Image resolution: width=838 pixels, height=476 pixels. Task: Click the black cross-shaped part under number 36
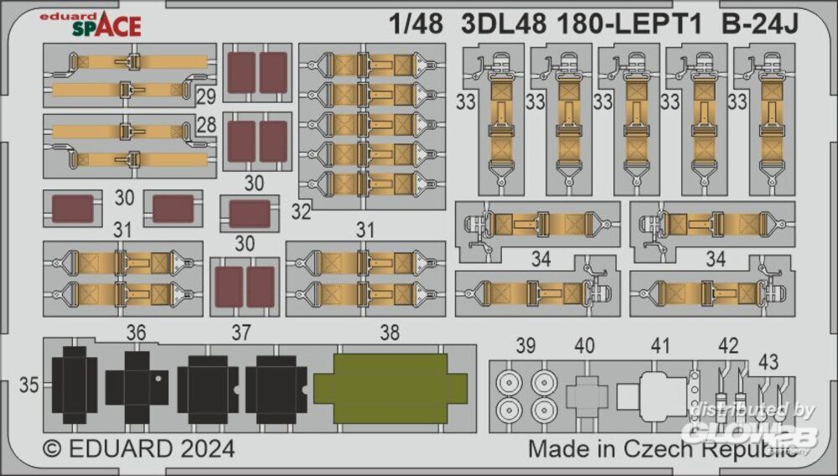pyautogui.click(x=137, y=386)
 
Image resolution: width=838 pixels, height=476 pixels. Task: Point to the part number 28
pyautogui.click(x=206, y=126)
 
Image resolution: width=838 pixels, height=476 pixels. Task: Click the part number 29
pyautogui.click(x=206, y=96)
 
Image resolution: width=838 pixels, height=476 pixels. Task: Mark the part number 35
pyautogui.click(x=29, y=385)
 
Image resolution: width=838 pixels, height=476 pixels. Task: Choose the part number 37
pyautogui.click(x=241, y=334)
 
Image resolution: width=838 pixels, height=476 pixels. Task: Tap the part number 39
pyautogui.click(x=525, y=346)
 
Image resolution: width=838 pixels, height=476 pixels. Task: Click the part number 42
pyautogui.click(x=728, y=346)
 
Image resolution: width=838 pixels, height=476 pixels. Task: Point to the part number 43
pyautogui.click(x=768, y=362)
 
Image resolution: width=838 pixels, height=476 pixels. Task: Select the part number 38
pyautogui.click(x=390, y=333)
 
